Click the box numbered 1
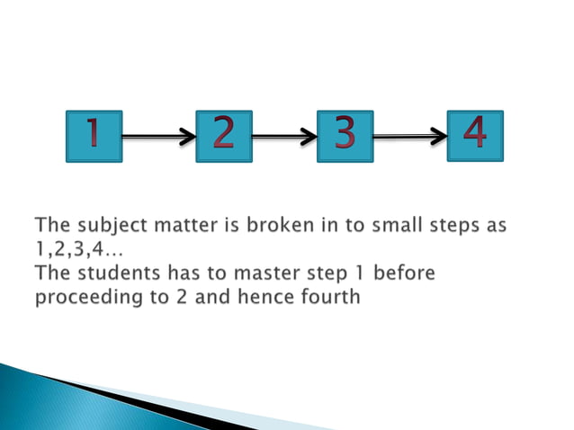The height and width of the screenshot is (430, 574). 94,137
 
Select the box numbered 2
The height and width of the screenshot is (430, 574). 223,137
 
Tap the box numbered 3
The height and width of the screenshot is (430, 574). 345,137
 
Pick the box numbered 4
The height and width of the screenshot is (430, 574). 475,136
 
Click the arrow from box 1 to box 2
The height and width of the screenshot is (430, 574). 158,138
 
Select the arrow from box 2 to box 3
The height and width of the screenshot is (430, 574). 284,138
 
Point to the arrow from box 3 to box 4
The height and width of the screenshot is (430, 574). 409,137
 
